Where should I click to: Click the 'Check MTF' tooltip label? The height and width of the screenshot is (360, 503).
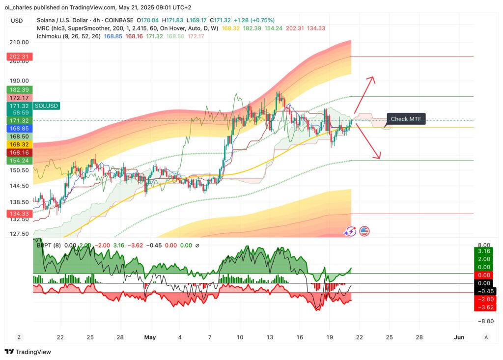click(x=406, y=119)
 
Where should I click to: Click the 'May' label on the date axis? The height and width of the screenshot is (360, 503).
click(x=150, y=337)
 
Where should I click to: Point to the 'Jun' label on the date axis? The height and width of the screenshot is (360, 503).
click(x=459, y=337)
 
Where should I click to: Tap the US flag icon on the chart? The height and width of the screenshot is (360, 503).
click(x=364, y=231)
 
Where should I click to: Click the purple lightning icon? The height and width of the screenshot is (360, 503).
click(x=350, y=231)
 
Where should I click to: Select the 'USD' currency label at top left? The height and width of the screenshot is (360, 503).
click(x=17, y=21)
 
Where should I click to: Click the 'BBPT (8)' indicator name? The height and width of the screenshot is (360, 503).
click(x=49, y=245)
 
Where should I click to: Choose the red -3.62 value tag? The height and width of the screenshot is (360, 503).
click(x=484, y=307)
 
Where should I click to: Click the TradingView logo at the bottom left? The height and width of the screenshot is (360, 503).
click(x=28, y=352)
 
